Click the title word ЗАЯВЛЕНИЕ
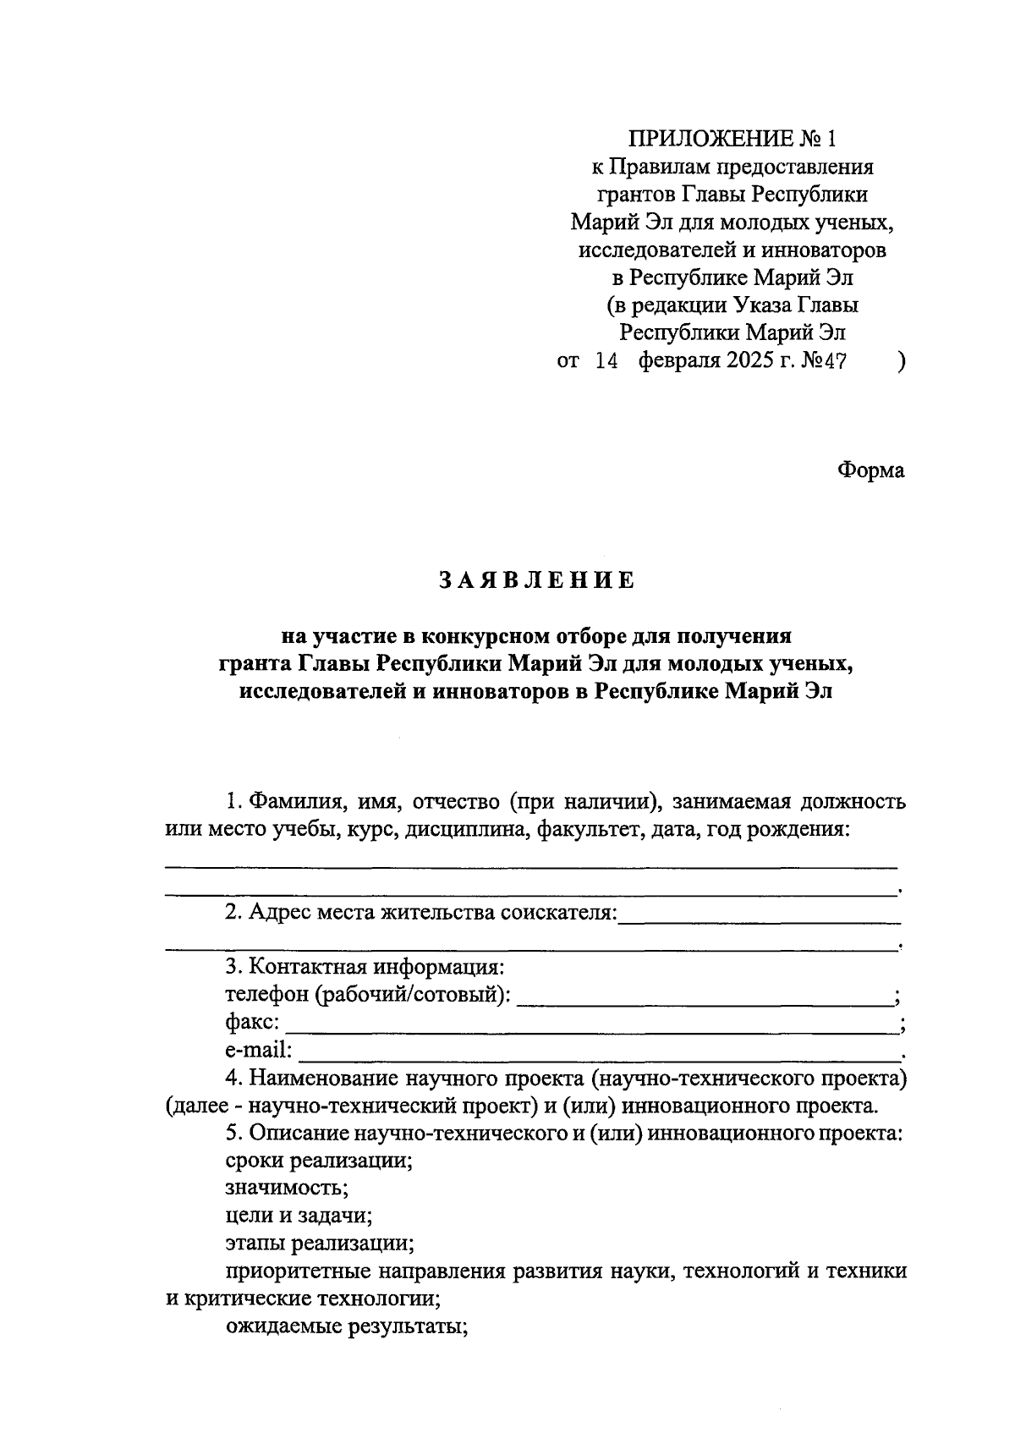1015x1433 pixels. [535, 580]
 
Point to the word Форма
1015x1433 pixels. [870, 470]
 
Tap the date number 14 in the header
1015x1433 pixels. [608, 362]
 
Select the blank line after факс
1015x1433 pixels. [592, 1029]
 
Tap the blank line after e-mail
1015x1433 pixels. [601, 1057]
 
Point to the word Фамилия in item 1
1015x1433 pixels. [296, 800]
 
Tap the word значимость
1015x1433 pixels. [287, 1189]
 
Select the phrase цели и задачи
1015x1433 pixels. [299, 1216]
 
